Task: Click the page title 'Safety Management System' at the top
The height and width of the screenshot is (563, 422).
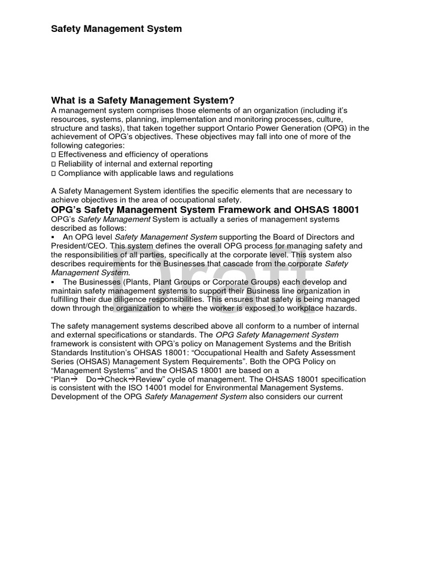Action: pyautogui.click(x=116, y=28)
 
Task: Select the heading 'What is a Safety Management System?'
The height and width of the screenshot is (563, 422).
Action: pyautogui.click(x=143, y=100)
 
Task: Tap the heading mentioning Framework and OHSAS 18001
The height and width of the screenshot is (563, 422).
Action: pyautogui.click(x=205, y=209)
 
